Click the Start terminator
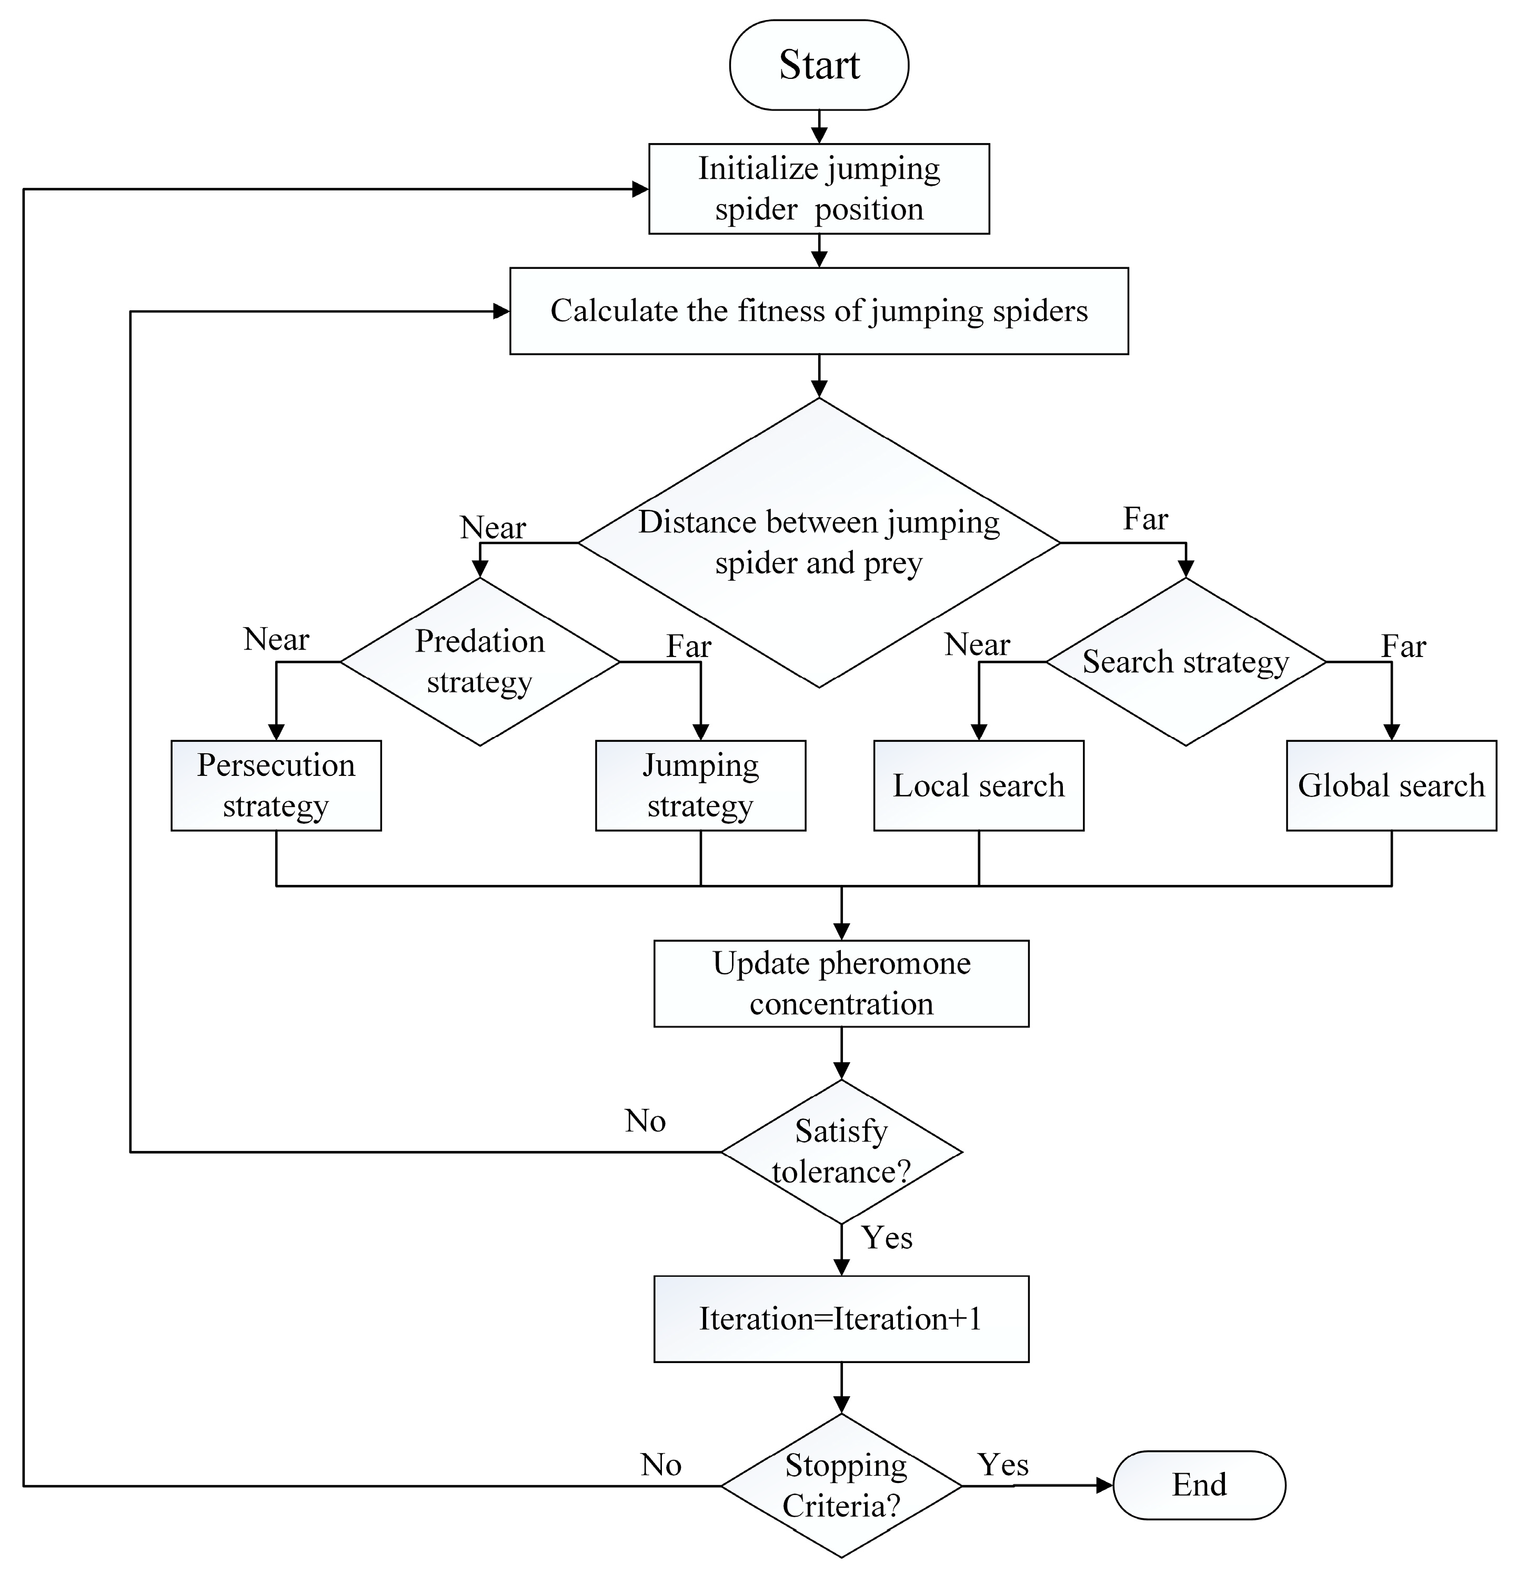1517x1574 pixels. [x=818, y=65]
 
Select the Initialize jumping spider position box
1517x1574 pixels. [x=818, y=189]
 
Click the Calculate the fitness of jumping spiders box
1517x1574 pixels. [x=818, y=311]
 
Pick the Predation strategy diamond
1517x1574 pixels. [x=479, y=662]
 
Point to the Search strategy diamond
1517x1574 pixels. [x=1186, y=662]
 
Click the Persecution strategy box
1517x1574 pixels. [x=275, y=785]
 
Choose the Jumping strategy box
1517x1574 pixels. [x=700, y=785]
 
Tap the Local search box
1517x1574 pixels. [x=978, y=785]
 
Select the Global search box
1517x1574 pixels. [x=1391, y=785]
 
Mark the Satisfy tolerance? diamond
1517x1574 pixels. [x=841, y=1152]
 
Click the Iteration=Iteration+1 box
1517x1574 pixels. [x=841, y=1319]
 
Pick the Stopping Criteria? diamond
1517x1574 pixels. [x=841, y=1486]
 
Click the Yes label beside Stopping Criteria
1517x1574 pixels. [x=1002, y=1465]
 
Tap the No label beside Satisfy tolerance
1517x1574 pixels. [x=645, y=1121]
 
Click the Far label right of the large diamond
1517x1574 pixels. [x=1145, y=519]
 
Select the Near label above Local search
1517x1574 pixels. [x=977, y=644]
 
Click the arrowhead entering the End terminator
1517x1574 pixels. [x=1104, y=1486]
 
